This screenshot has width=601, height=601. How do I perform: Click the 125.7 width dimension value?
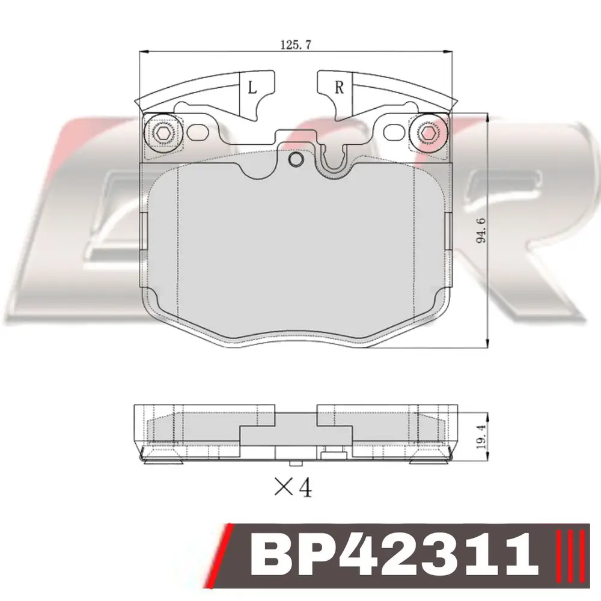point(296,45)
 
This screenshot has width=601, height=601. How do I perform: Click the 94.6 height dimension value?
point(481,230)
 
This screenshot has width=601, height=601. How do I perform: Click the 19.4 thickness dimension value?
point(481,436)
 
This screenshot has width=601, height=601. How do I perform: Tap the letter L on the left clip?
point(252,88)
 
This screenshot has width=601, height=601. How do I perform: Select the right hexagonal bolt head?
point(427,133)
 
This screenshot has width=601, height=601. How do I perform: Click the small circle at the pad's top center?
point(295,159)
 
